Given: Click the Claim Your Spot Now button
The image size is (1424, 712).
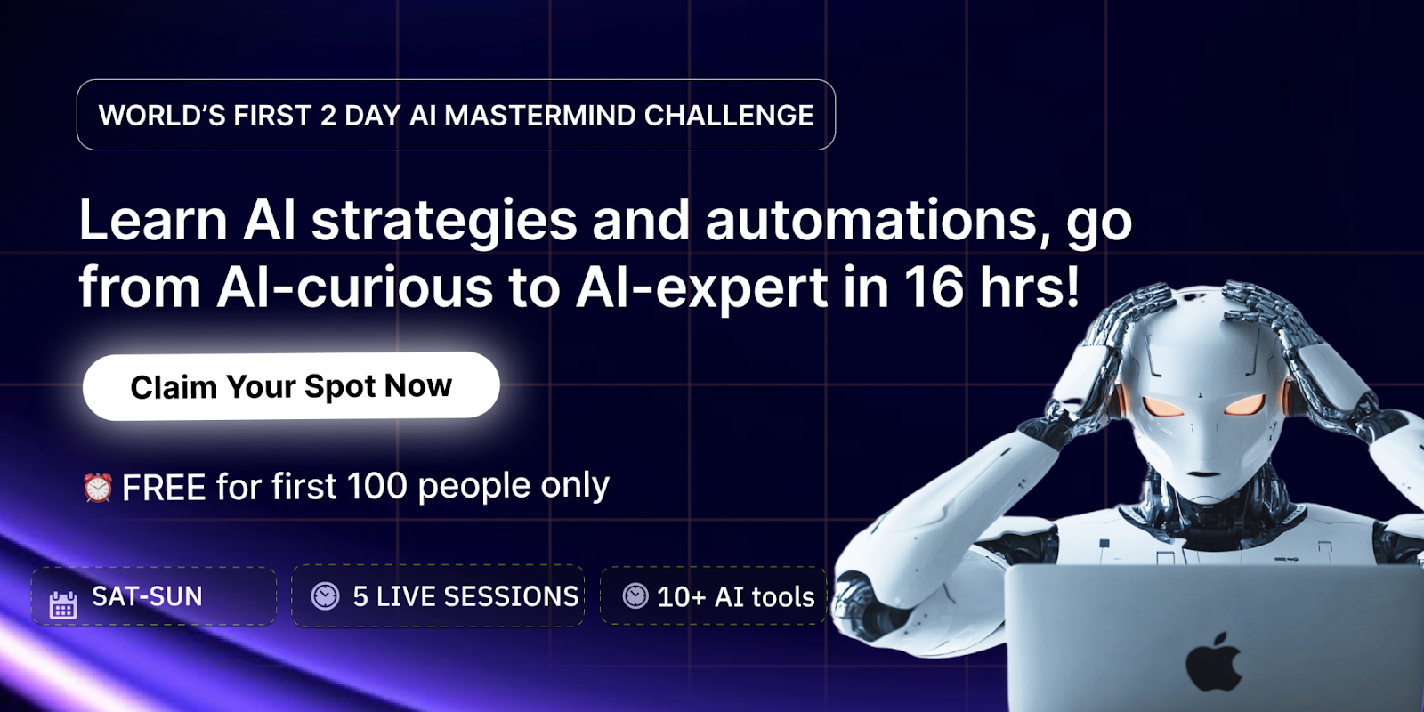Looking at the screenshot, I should [x=291, y=386].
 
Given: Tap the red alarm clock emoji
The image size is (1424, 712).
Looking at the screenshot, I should [x=97, y=488].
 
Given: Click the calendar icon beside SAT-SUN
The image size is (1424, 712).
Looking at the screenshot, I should [x=62, y=604].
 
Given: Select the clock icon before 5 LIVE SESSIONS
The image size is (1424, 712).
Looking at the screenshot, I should [x=325, y=595].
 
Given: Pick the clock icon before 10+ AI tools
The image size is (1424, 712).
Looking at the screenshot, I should [x=635, y=595].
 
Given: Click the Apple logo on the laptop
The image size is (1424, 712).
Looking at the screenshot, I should [x=1213, y=662].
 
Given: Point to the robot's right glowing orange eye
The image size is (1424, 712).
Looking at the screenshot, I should [x=1244, y=406].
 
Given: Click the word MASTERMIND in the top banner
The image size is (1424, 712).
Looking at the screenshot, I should [x=539, y=116].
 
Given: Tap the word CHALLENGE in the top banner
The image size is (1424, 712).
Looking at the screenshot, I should [x=728, y=116].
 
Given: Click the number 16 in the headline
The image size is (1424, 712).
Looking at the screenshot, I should [x=934, y=287].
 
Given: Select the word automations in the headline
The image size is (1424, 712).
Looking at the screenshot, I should [x=870, y=220].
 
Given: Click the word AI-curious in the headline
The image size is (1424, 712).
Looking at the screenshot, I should [x=354, y=287].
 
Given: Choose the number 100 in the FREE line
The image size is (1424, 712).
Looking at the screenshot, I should [x=376, y=487].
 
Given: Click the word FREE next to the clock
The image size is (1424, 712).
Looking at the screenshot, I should [x=164, y=488].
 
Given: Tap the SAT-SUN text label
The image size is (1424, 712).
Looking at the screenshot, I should [x=147, y=596].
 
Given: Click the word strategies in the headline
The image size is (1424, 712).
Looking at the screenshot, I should [x=444, y=220].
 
